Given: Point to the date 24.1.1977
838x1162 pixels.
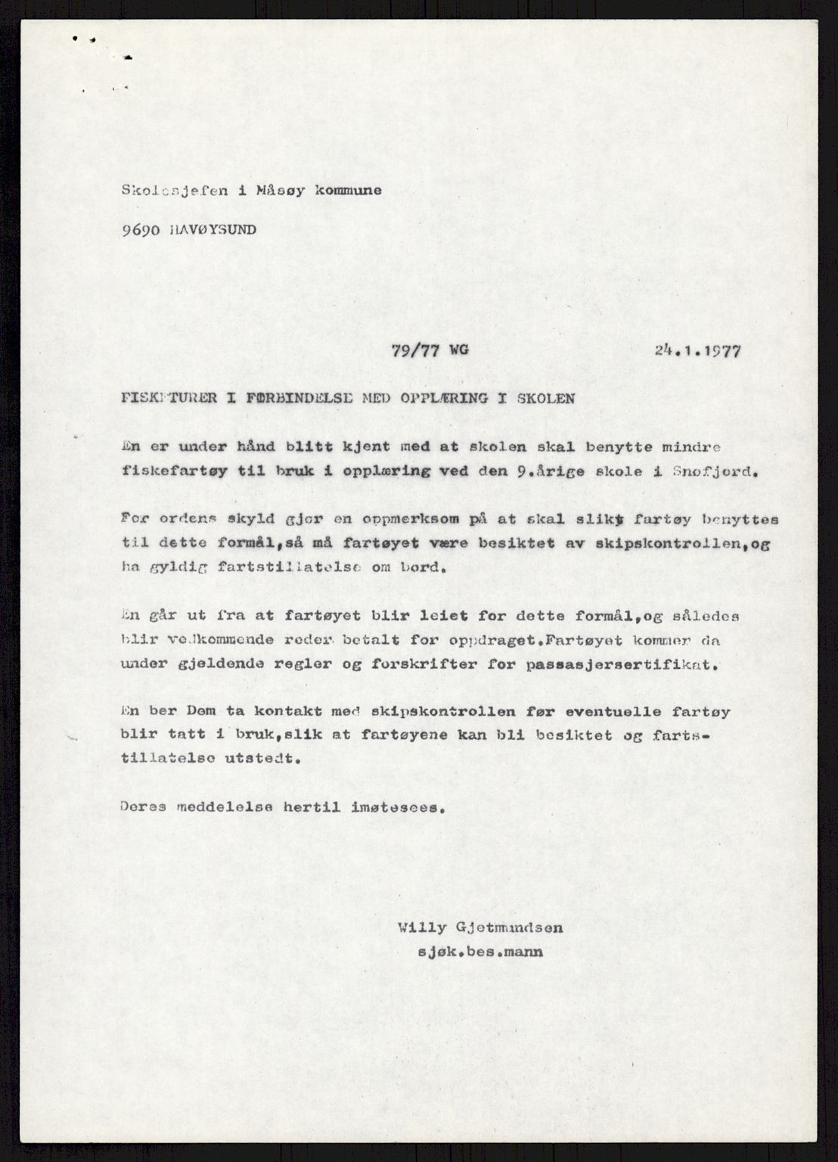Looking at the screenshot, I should point(699,351).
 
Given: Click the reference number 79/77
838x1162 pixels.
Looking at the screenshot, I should point(411,351).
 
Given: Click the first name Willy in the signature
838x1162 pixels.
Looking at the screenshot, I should point(417,927).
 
